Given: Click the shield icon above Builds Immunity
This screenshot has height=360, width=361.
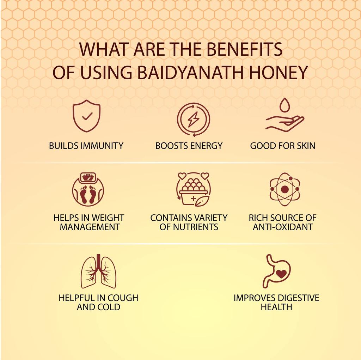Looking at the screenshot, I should coord(86,116).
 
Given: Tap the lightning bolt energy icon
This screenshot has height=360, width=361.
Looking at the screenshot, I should coord(193,119).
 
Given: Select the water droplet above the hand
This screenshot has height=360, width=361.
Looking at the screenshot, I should coord(284,105).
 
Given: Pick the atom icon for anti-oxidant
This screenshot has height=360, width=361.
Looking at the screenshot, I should coord(284,190).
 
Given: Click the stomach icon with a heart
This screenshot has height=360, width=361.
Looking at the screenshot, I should coord(277,271).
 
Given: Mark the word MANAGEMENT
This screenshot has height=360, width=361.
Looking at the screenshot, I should coord(90,227).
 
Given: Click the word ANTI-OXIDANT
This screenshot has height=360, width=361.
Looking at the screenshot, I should coord(283,227).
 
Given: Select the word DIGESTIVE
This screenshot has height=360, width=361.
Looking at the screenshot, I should coord(298,298).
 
